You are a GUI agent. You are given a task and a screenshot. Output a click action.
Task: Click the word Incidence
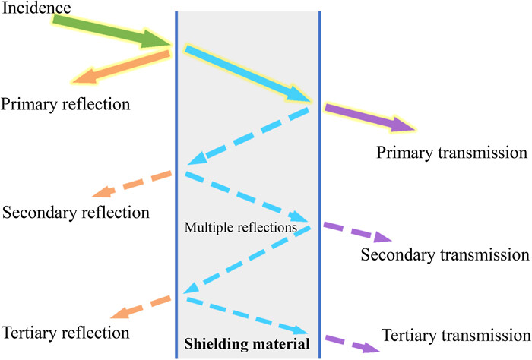coord(36,8)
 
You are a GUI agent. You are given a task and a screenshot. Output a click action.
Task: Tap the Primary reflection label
coord(65,103)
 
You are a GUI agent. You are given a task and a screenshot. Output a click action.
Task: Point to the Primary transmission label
coord(451,153)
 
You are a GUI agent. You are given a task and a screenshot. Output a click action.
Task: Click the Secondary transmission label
coord(445,254)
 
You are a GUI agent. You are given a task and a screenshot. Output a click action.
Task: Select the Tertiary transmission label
coord(454,335)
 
